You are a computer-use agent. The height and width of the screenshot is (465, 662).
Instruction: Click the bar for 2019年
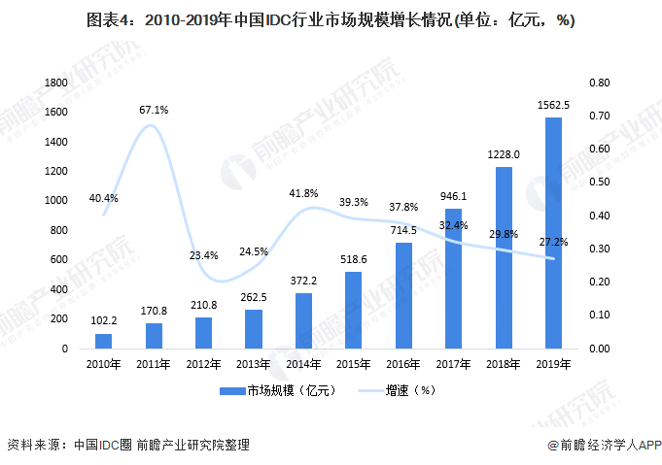pos(553,233)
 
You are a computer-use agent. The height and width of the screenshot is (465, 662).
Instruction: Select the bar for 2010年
pos(104,341)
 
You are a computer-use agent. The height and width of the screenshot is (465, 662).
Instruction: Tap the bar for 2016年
pos(403,295)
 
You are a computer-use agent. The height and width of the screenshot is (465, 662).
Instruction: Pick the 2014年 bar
pos(303,320)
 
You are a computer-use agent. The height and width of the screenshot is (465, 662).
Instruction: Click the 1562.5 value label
pos(553,105)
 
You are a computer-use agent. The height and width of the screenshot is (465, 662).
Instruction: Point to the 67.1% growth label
pos(154,110)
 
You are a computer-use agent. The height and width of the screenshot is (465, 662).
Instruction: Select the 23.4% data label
pos(203,255)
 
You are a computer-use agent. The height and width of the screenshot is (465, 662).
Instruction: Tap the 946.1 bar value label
pos(453,195)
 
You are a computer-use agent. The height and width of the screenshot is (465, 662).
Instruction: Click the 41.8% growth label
pos(303,193)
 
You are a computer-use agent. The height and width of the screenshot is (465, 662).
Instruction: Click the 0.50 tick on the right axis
pos(600,183)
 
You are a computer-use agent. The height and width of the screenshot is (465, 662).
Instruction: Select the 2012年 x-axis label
pos(203,364)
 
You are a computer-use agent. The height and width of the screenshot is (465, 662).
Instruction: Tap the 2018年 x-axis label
pos(504,364)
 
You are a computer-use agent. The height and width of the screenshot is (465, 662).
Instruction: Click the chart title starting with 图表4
pos(331,23)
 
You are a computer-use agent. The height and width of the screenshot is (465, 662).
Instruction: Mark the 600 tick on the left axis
pos(56,260)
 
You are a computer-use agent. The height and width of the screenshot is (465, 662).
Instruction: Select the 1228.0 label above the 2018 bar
pos(504,153)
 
